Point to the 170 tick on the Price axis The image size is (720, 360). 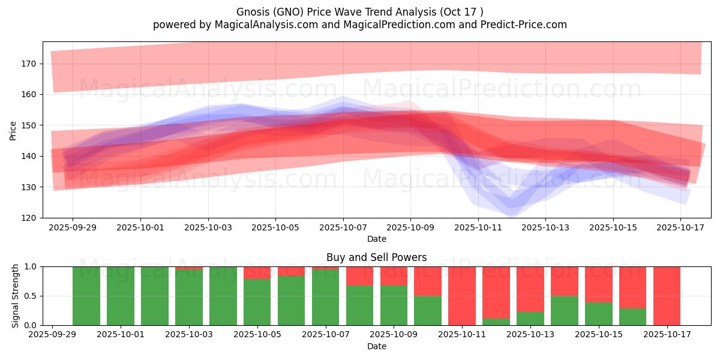pos(30,64)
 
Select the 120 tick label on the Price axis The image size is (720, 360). pos(30,218)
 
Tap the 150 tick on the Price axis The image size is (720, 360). pos(30,125)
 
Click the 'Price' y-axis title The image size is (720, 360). pos(13,130)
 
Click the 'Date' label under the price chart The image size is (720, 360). pos(377,239)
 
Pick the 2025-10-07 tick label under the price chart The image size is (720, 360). pos(343,228)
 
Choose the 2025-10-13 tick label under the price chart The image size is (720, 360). pos(545,228)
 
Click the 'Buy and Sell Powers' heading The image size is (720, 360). pos(377,257)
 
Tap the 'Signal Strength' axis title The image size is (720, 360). pos(16,296)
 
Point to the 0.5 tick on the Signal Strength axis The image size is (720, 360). pos(31,296)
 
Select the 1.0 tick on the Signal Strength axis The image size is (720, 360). pos(31,266)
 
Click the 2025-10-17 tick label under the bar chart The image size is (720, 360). pos(667,335)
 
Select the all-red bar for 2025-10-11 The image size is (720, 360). pos(462,296)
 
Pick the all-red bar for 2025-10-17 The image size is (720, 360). pos(667,296)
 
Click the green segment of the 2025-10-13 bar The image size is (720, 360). pos(530,319)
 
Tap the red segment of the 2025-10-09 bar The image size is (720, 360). pos(394,276)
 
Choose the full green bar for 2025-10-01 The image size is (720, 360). pos(121,296)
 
